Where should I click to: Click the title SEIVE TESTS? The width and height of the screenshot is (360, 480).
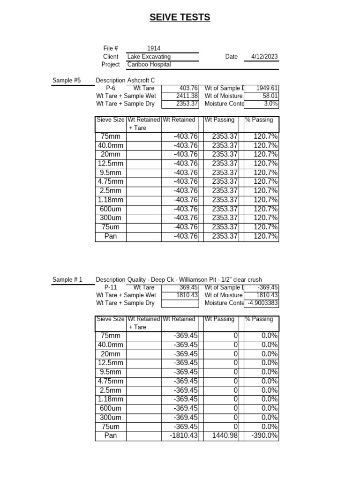pyautogui.click(x=180, y=18)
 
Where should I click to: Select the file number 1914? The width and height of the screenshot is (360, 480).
pyautogui.click(x=154, y=48)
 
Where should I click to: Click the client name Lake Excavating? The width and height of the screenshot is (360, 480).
pyautogui.click(x=149, y=57)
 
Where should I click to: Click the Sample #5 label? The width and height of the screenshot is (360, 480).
pyautogui.click(x=67, y=81)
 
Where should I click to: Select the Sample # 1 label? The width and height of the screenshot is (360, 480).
pyautogui.click(x=67, y=280)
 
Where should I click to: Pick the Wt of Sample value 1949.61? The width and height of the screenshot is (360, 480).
pyautogui.click(x=267, y=88)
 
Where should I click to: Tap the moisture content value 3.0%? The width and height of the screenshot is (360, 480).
pyautogui.click(x=271, y=104)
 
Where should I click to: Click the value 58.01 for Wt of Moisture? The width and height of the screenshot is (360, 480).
pyautogui.click(x=270, y=96)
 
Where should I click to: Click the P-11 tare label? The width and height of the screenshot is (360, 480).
pyautogui.click(x=111, y=287)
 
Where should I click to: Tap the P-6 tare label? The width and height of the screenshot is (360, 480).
pyautogui.click(x=111, y=88)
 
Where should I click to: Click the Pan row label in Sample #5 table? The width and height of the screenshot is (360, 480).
pyautogui.click(x=111, y=236)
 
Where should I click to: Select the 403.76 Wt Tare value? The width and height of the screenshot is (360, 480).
pyautogui.click(x=189, y=88)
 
